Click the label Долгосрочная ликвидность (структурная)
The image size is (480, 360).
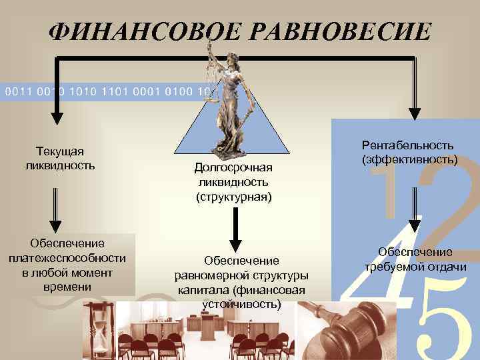233,181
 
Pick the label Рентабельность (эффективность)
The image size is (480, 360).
407,152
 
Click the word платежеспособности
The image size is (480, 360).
68,259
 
